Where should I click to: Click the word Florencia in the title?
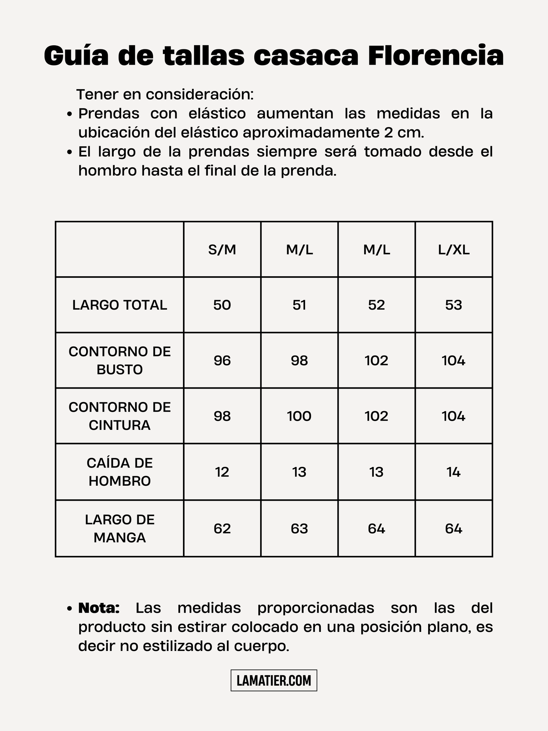(x=435, y=56)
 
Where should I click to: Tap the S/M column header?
(x=222, y=250)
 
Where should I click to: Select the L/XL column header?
(x=454, y=250)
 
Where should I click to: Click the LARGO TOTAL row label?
(x=119, y=305)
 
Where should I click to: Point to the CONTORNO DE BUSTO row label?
(x=119, y=360)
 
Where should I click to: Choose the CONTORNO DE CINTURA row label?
(x=119, y=416)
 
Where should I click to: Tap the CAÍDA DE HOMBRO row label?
(x=119, y=472)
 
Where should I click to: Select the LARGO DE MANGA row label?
(x=119, y=529)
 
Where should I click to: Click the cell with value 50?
(x=222, y=305)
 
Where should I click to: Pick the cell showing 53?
(x=454, y=305)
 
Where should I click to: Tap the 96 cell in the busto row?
(x=222, y=361)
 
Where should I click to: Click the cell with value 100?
(x=299, y=416)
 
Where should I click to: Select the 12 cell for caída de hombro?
(x=222, y=472)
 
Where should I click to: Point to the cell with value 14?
(x=454, y=472)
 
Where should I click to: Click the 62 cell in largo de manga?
(x=222, y=529)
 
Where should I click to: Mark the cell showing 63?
(x=299, y=529)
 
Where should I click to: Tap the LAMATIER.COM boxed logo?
(x=274, y=680)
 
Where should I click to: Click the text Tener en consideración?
(x=165, y=95)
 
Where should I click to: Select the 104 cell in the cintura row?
(x=454, y=416)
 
